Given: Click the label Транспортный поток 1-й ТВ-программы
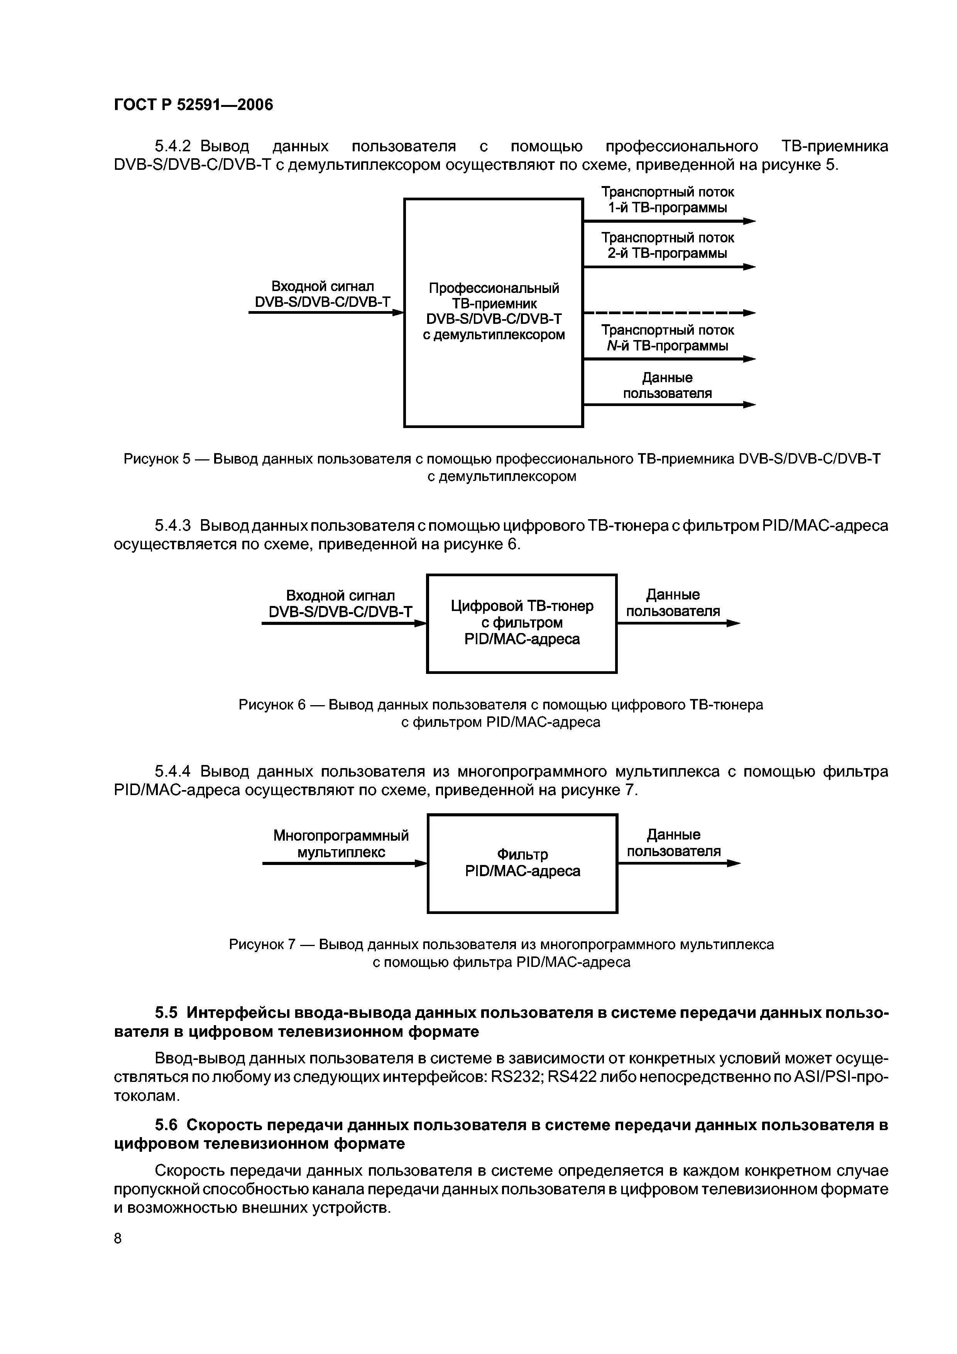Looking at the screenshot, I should click(x=668, y=200).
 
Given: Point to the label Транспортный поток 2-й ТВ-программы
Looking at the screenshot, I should click(x=668, y=245).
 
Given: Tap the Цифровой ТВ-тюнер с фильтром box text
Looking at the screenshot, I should click(x=522, y=622).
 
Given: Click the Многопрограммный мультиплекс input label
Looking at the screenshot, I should click(x=341, y=844).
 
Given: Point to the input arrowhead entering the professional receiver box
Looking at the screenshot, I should click(x=399, y=313).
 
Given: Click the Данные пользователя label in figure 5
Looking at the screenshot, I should click(x=668, y=385).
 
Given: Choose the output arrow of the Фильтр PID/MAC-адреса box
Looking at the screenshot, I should click(x=678, y=863).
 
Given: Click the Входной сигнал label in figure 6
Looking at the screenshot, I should click(x=340, y=596).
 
